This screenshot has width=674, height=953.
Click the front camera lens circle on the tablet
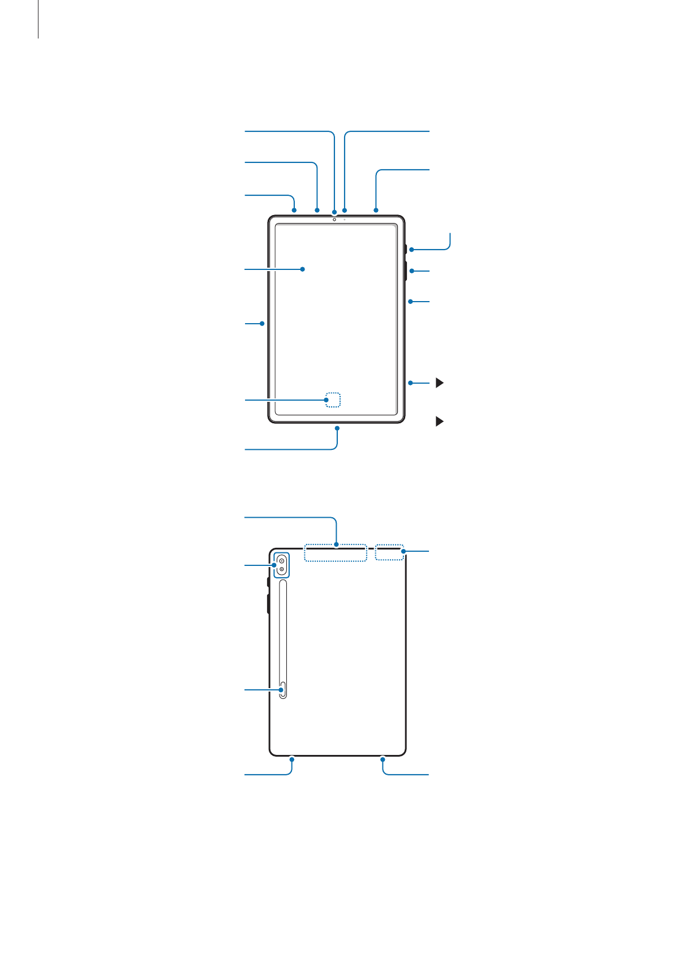click(334, 220)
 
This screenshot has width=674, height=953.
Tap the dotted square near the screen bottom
click(333, 400)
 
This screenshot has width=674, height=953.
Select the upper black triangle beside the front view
click(439, 383)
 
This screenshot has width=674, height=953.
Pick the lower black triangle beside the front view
click(439, 422)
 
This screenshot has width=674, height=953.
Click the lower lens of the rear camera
click(281, 569)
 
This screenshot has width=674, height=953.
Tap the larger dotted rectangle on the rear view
click(336, 553)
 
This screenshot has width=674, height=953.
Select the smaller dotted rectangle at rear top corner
click(390, 553)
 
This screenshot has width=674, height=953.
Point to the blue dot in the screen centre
click(303, 269)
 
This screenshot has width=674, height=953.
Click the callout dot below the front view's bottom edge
click(337, 428)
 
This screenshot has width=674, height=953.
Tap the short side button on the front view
click(406, 250)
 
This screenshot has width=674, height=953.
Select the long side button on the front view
click(406, 271)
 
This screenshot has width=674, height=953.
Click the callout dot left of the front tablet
click(263, 324)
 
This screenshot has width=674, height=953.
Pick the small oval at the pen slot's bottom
click(283, 690)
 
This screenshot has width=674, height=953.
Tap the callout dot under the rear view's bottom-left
click(292, 758)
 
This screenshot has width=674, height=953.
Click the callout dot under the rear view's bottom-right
click(383, 758)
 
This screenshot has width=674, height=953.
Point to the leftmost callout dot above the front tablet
click(295, 210)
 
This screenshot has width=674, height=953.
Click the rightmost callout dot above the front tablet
click(376, 210)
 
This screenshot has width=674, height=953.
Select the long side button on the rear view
click(268, 603)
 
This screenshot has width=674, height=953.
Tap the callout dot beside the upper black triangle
click(410, 383)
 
